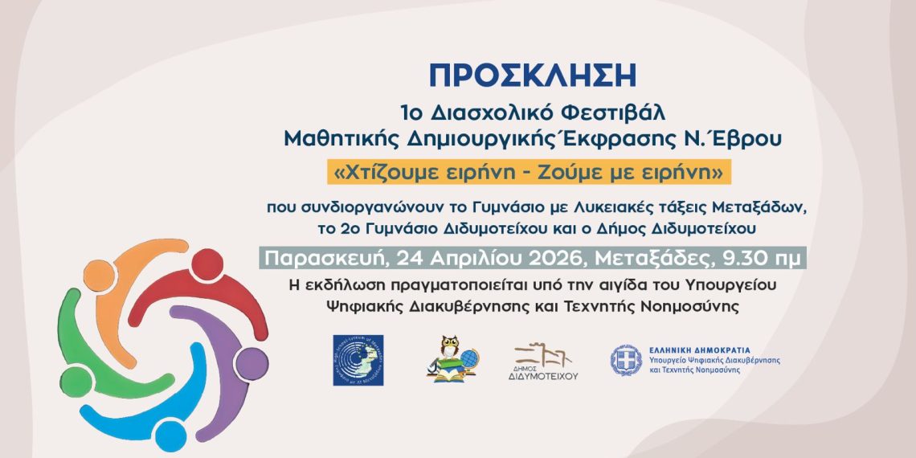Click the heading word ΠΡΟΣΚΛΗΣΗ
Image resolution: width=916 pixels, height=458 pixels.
[532, 75]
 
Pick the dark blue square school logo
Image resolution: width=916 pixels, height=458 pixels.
[358, 360]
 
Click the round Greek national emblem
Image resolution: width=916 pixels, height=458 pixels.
[625, 360]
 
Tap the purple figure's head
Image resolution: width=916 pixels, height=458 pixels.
[252, 364]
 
